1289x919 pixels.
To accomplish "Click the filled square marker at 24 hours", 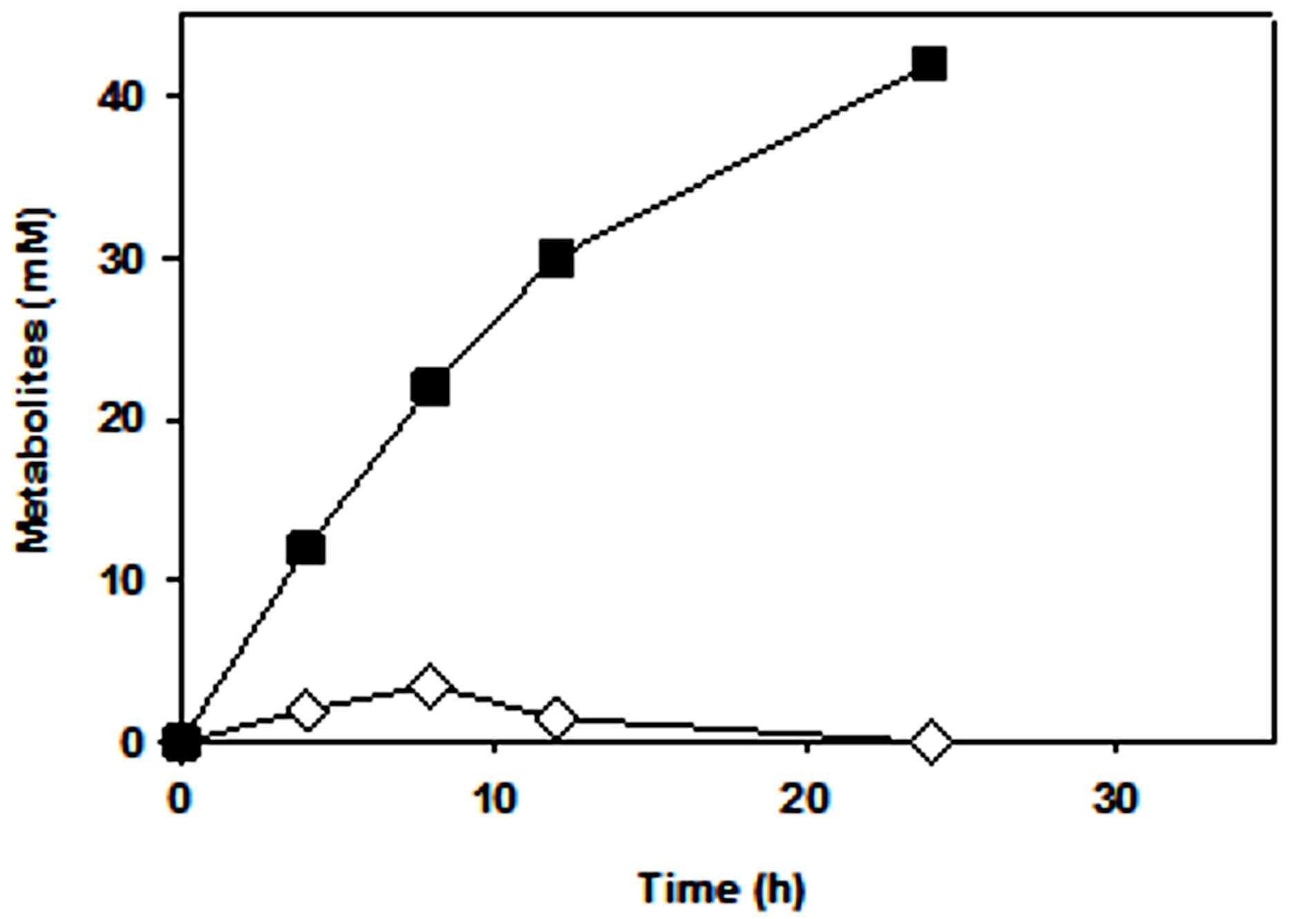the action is click(x=929, y=64).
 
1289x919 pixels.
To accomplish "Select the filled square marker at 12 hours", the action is click(x=556, y=259).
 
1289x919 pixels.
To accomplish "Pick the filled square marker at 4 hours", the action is click(x=305, y=549).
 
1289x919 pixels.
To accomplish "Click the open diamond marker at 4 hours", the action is click(x=307, y=710).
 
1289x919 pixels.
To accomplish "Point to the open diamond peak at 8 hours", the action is click(x=430, y=686).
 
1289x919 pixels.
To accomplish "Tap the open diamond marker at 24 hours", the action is click(x=930, y=742).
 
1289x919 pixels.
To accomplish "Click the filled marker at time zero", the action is click(x=181, y=742).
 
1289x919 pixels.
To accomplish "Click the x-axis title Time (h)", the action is click(x=723, y=889).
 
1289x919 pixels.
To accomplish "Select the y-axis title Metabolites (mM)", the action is click(x=35, y=379).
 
